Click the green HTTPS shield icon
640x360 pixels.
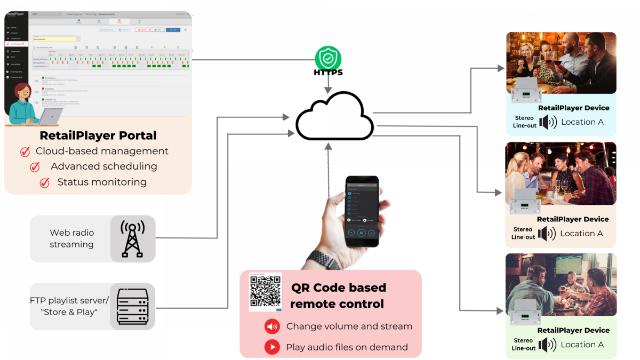(328, 59)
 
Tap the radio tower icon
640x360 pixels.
(132, 239)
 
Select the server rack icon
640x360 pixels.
(132, 307)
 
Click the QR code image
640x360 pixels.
(265, 292)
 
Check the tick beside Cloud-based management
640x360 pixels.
(25, 152)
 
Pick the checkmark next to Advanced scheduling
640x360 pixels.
(35, 167)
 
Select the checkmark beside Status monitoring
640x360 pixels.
(45, 183)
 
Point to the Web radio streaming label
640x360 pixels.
(71, 238)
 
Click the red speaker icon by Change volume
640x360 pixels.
(272, 326)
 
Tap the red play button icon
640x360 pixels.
(272, 347)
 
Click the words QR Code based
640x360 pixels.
(338, 287)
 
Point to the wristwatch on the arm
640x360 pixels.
(324, 260)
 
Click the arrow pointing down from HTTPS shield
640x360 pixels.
(328, 85)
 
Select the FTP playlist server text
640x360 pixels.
(69, 301)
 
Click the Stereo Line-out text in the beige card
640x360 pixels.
(523, 233)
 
